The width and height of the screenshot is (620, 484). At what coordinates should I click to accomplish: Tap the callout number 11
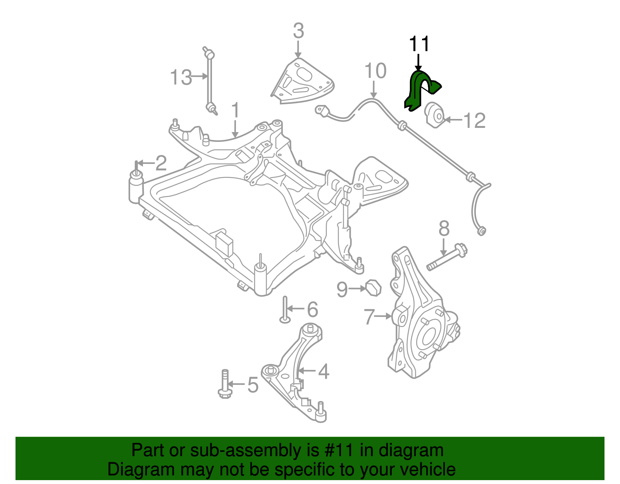click(419, 44)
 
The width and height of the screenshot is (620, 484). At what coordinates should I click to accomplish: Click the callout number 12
click(474, 121)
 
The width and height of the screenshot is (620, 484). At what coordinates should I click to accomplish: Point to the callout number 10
click(375, 71)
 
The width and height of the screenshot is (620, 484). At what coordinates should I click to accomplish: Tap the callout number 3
click(298, 31)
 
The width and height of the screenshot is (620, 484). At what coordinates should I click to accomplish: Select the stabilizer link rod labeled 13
click(210, 81)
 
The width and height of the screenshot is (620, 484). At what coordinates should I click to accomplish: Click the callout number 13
click(181, 78)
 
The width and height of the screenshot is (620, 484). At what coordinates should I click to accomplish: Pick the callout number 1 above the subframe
click(235, 111)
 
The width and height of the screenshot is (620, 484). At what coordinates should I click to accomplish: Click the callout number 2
click(161, 163)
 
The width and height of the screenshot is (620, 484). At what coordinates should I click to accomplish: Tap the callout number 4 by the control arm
click(323, 372)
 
